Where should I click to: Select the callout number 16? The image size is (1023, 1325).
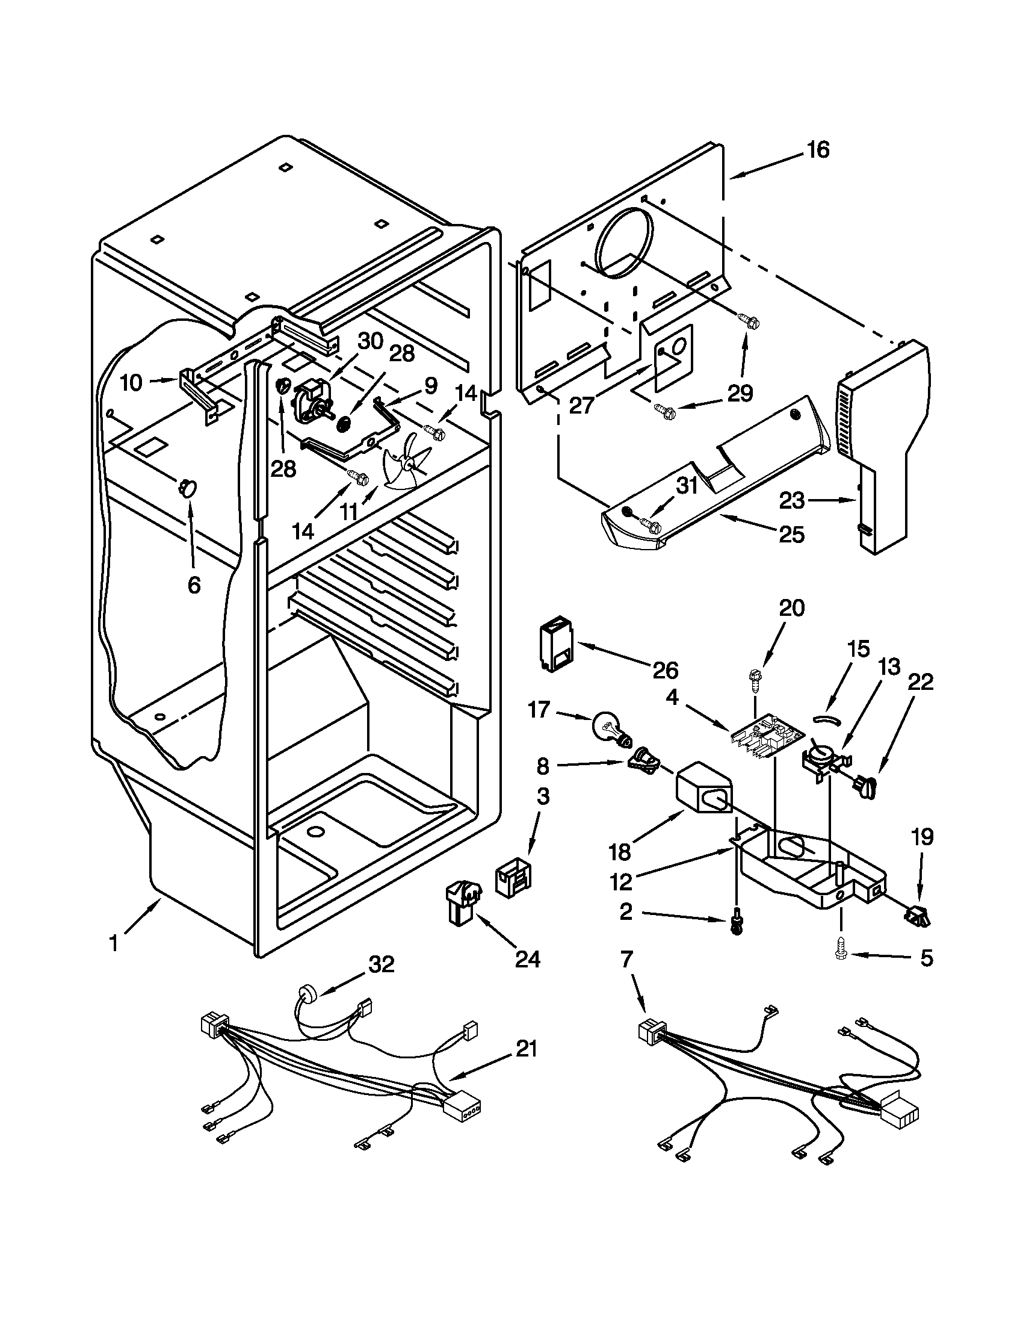[818, 149]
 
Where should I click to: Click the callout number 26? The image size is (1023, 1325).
[665, 670]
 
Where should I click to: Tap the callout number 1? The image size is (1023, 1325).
[113, 944]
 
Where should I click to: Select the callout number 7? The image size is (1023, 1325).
[626, 958]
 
